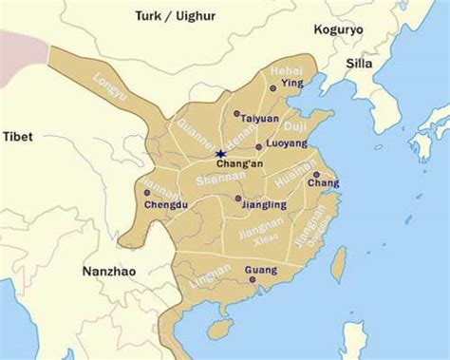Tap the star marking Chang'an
220,153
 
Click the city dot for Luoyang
258,147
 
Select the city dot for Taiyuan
236,113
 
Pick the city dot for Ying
274,87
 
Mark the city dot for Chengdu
146,193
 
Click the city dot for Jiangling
238,199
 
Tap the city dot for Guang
252,267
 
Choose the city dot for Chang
316,175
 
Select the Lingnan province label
212,277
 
